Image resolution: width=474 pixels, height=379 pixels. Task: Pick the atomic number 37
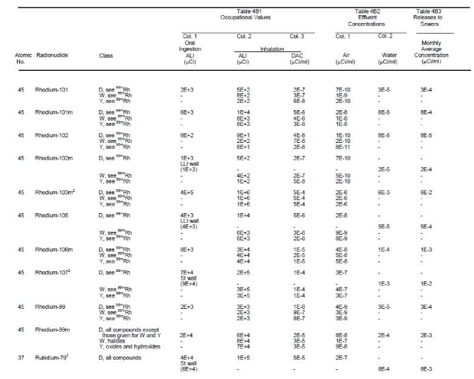[x=21, y=357]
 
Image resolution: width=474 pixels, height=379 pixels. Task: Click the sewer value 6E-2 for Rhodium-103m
[x=432, y=192]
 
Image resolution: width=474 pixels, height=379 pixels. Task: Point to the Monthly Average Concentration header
[x=431, y=51]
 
